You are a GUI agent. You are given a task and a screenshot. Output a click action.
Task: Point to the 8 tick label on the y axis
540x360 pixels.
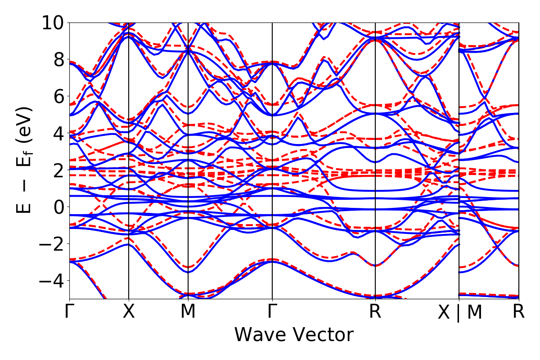point(58,59)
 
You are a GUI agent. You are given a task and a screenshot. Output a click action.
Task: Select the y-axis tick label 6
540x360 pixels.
point(58,96)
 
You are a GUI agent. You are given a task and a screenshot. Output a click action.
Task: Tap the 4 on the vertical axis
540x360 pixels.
point(58,133)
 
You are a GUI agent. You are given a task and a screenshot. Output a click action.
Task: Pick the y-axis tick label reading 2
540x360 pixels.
point(58,170)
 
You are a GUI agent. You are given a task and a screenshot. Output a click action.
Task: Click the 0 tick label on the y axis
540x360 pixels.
point(58,207)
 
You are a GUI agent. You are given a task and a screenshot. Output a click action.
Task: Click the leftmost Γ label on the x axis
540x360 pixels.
point(69,312)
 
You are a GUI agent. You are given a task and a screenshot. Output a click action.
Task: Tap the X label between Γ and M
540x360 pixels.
point(129,312)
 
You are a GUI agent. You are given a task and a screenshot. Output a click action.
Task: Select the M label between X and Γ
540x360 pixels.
point(188,312)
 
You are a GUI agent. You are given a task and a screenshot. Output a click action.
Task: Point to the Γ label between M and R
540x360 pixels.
point(272,312)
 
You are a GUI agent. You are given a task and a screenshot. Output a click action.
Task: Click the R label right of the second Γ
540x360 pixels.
point(375,312)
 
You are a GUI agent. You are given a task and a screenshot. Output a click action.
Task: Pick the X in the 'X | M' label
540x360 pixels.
point(445,313)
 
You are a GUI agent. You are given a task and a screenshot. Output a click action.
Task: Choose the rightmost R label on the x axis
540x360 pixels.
point(519,312)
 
